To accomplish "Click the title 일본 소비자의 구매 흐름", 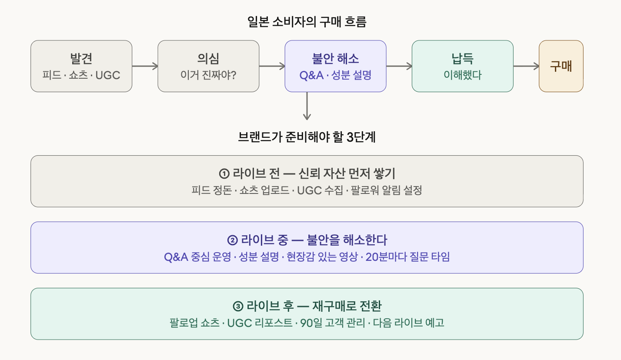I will [x=307, y=22].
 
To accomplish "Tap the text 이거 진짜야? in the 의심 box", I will [x=208, y=75].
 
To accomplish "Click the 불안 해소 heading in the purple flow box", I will [x=335, y=59].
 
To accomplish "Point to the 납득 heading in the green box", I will [x=462, y=59].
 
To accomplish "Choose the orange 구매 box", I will [x=561, y=66].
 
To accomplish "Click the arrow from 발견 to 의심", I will [x=145, y=66].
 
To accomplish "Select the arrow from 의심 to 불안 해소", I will [x=272, y=66].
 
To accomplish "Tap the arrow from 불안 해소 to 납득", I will [x=399, y=66].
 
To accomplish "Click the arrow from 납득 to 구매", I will [x=526, y=66].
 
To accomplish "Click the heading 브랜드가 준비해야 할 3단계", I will [x=307, y=137].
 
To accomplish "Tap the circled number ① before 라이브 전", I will [x=224, y=174].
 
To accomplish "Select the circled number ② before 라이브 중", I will [x=233, y=240].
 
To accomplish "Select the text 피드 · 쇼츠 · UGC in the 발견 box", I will [x=81, y=75].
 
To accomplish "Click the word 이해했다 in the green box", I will [x=462, y=75].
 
